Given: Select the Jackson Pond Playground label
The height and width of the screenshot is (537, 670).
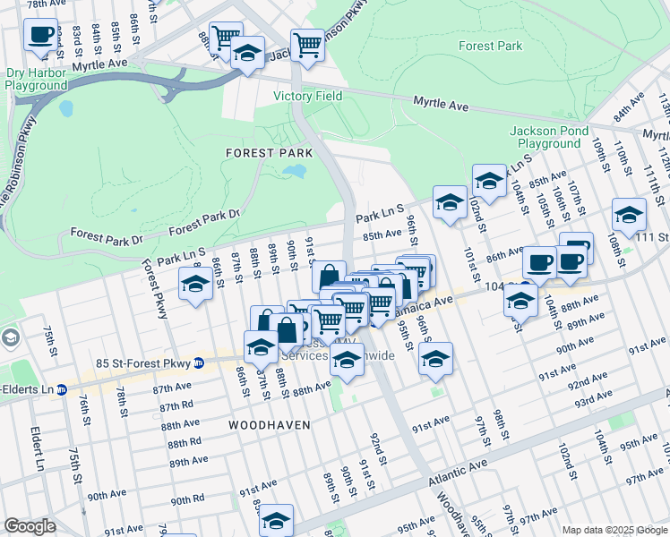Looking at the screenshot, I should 549,137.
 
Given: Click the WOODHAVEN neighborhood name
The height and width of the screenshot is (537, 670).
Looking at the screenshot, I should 269,424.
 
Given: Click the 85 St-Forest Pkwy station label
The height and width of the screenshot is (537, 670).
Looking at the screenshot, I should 138,362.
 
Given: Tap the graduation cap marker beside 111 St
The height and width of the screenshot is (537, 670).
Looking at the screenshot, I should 629,215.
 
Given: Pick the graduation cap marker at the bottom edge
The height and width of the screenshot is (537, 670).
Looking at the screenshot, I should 277,519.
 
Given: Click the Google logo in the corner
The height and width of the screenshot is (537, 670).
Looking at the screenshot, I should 29,526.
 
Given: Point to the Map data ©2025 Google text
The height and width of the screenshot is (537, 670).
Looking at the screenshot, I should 614,530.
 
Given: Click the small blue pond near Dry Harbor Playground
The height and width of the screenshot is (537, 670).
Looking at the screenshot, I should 65,109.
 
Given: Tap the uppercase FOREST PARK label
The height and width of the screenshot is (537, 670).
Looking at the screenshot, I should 267,153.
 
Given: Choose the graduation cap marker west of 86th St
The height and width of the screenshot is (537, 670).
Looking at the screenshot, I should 194,284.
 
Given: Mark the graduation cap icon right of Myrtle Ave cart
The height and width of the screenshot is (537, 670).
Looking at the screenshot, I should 247,53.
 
